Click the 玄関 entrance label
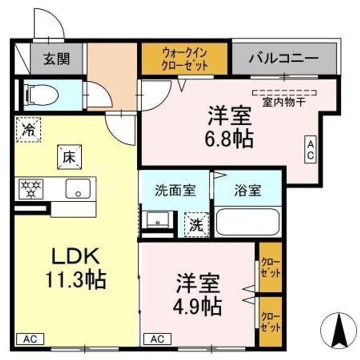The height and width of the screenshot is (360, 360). point(55,59)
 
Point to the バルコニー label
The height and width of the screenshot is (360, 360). point(283,59)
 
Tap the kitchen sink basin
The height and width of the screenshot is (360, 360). point(77,188)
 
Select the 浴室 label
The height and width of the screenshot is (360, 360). point(246,190)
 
